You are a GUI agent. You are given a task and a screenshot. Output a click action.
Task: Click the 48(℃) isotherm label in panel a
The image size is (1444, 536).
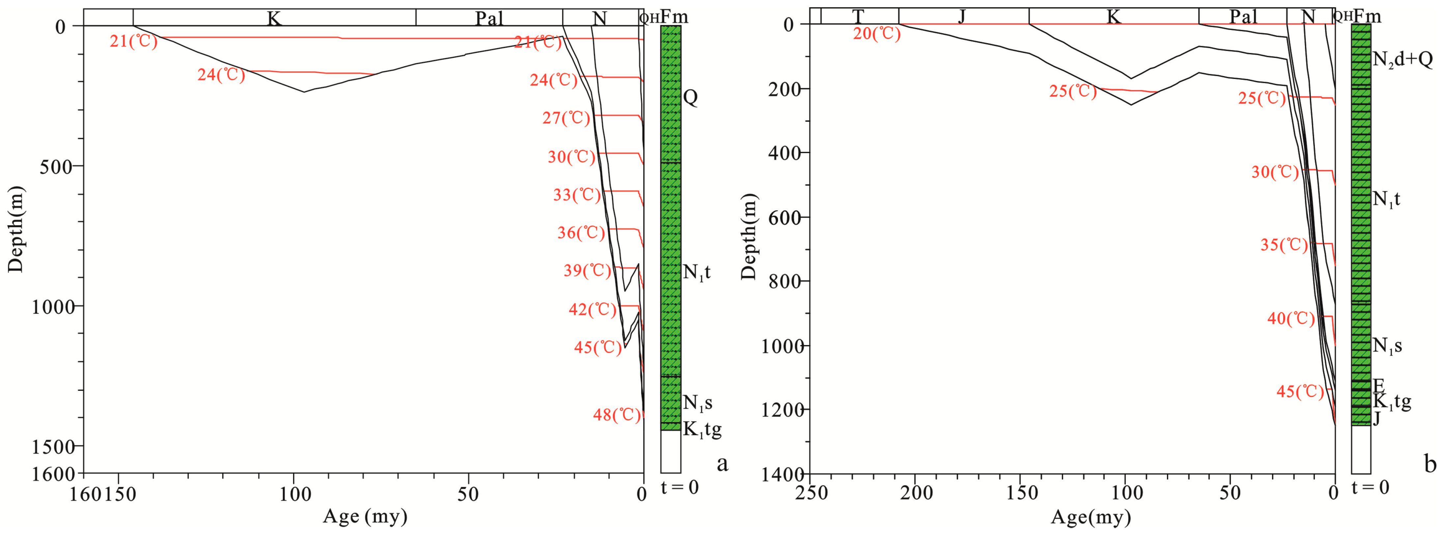click(x=617, y=415)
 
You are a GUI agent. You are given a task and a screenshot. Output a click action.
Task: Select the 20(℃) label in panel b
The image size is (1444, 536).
click(x=877, y=34)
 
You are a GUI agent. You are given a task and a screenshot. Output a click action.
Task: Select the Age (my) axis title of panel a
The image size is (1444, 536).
click(x=365, y=516)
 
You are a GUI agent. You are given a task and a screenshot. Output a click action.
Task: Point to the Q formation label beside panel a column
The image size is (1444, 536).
click(x=691, y=97)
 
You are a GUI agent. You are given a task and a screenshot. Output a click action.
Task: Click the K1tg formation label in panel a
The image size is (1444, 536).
click(x=702, y=430)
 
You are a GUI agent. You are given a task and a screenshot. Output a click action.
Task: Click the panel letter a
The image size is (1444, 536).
click(x=723, y=464)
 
